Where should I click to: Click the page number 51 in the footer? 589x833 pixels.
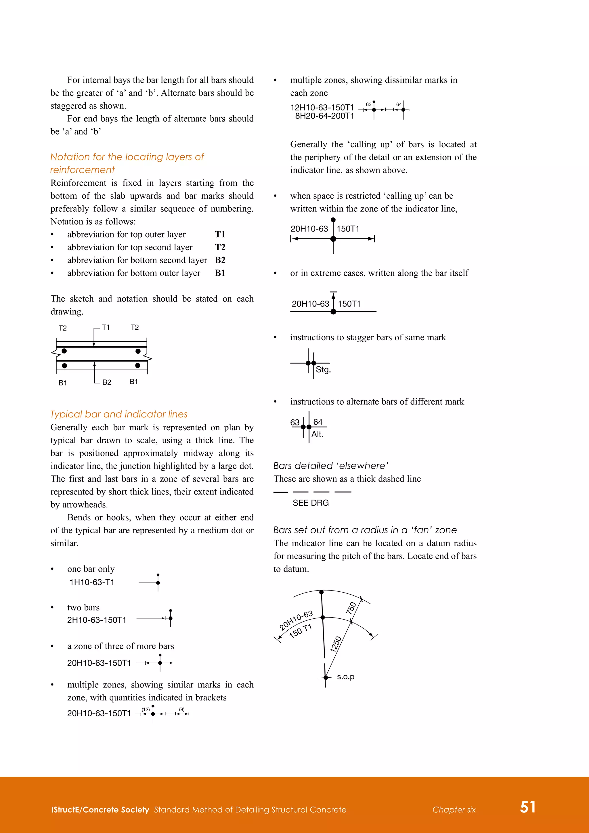pos(528,807)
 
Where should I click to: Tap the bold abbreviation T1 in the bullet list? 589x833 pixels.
pos(220,234)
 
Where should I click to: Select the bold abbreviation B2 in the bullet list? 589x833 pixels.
pos(220,260)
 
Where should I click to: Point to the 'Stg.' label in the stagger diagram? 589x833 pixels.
pos(323,370)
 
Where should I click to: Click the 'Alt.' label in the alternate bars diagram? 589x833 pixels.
pos(317,434)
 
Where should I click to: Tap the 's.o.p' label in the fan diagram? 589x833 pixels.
pos(345,677)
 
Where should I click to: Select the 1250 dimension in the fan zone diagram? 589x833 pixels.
pos(336,644)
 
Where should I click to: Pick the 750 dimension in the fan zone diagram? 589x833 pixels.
pos(351,608)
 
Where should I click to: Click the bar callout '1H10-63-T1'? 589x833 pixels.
pos(92,582)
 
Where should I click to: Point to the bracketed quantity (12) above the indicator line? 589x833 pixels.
pos(146,709)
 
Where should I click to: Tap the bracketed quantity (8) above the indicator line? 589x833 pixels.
pos(181,709)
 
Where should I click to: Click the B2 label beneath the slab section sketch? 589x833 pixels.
pos(107,382)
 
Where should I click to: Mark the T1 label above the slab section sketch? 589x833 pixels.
pos(106,327)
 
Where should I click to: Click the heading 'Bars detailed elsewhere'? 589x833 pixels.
pos(331,465)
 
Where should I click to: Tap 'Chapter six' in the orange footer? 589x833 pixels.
pos(454,810)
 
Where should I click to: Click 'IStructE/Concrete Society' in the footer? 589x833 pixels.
pos(100,810)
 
